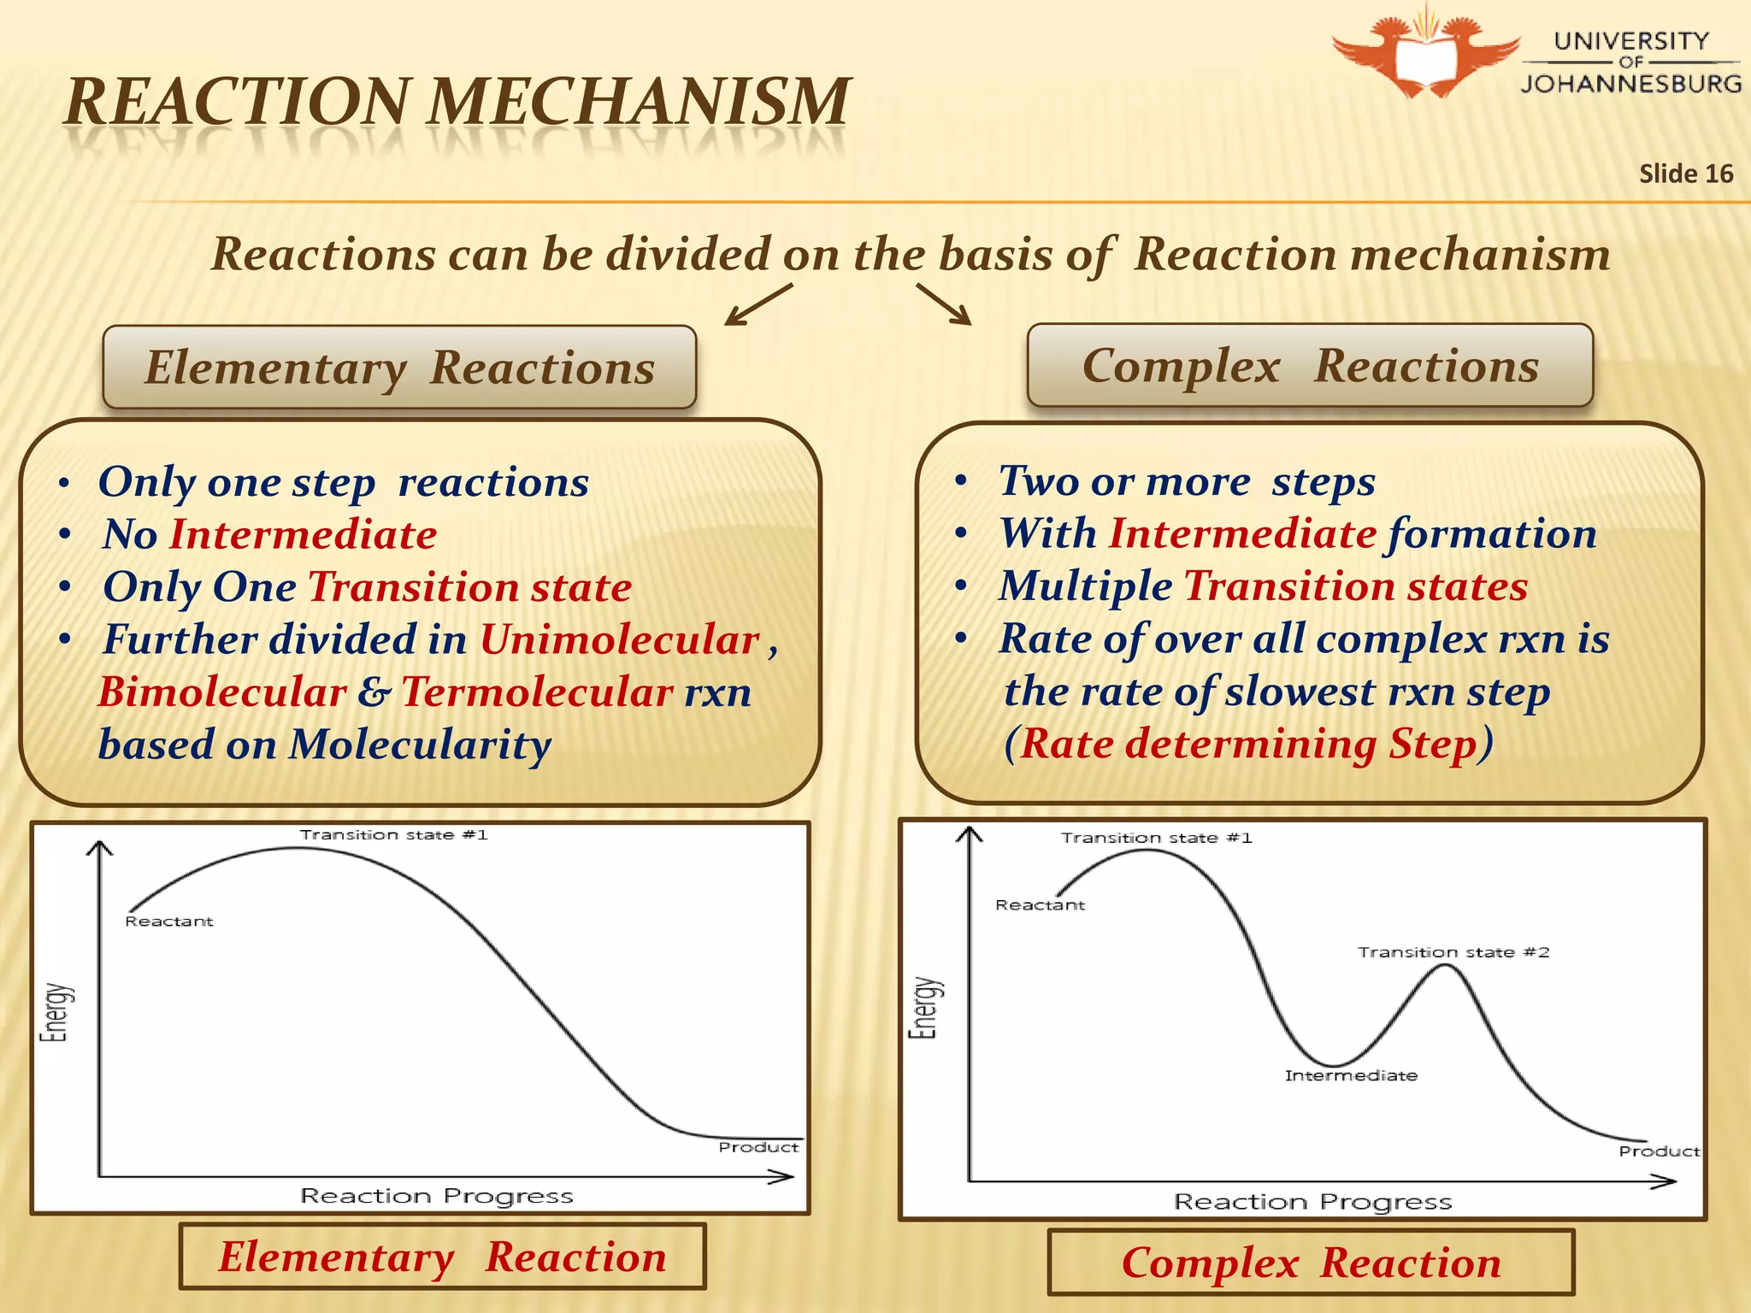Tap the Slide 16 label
tap(1685, 174)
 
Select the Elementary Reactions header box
tap(399, 368)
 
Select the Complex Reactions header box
tap(1310, 366)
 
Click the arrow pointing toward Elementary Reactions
tap(758, 305)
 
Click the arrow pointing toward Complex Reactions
tap(944, 304)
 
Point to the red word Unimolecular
tap(620, 639)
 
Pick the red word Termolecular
tap(537, 692)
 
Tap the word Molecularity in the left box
tap(420, 745)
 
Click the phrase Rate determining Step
tap(1248, 743)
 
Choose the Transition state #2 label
tap(1453, 952)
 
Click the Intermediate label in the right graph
tap(1351, 1075)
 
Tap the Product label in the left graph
tap(758, 1147)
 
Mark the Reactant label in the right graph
tap(1040, 904)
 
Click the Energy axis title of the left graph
tap(56, 1012)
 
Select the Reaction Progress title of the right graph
tap(1312, 1202)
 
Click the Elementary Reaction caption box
tap(442, 1257)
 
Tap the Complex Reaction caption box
tap(1311, 1263)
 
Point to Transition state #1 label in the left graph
tap(393, 834)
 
